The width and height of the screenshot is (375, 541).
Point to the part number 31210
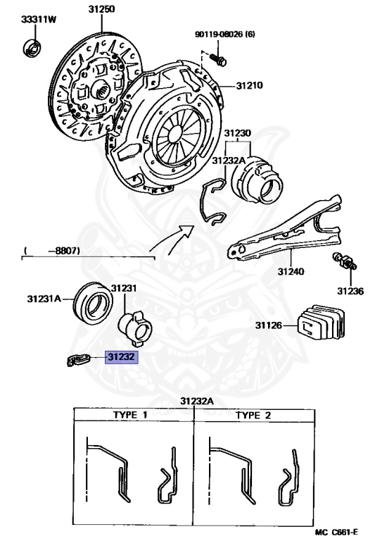(x=248, y=86)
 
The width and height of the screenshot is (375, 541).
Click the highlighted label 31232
(x=122, y=357)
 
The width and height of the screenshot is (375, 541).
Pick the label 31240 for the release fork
(x=291, y=270)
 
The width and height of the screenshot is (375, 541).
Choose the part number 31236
(x=350, y=290)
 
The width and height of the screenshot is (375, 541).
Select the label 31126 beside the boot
(x=268, y=325)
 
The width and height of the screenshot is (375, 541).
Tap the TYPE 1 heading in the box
(x=131, y=415)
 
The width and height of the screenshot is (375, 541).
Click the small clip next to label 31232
(x=77, y=360)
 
